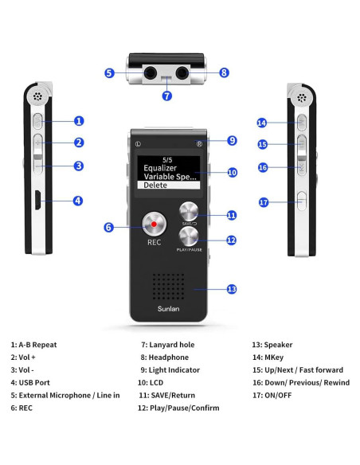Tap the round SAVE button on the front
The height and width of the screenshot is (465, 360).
click(x=190, y=212)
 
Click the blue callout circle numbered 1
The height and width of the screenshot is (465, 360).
click(x=79, y=121)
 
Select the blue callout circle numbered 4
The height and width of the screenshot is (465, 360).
click(x=77, y=201)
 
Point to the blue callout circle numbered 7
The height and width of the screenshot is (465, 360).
click(x=166, y=96)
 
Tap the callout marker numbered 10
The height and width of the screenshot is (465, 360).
click(x=232, y=172)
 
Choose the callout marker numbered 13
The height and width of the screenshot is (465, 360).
click(x=232, y=289)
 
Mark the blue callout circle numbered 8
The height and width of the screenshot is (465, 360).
click(x=224, y=72)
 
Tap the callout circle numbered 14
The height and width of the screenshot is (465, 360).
click(x=261, y=123)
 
